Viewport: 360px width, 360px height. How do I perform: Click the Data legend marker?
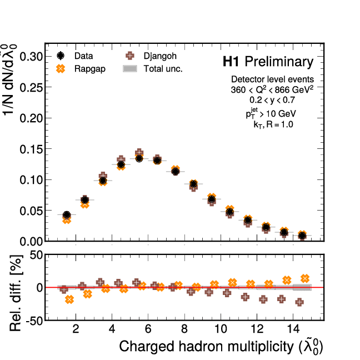(x=61, y=56)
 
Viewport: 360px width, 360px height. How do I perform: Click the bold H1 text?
(x=232, y=62)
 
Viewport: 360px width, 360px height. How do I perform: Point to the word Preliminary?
(x=279, y=62)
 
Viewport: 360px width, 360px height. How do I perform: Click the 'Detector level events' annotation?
(x=272, y=79)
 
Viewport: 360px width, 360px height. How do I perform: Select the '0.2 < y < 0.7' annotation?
(x=272, y=101)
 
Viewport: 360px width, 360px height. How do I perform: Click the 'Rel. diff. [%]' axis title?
(x=17, y=287)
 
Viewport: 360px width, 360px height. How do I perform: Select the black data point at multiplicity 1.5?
(x=67, y=215)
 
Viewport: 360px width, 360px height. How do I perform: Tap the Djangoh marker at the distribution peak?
(x=139, y=153)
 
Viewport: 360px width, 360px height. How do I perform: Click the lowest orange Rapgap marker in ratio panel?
(x=69, y=299)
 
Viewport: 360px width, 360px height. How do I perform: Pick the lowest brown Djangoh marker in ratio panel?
(x=299, y=302)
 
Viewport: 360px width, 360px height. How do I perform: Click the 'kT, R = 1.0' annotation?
(x=272, y=124)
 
